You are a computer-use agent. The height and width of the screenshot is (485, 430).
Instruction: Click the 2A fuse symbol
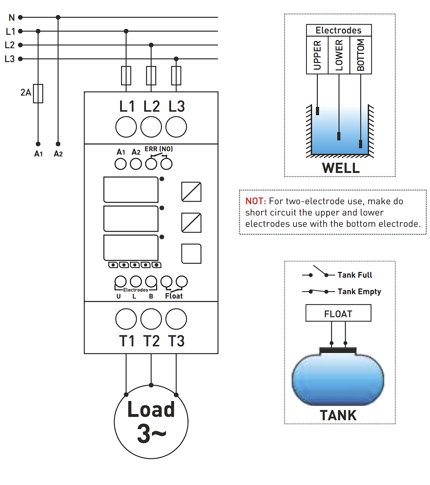38,93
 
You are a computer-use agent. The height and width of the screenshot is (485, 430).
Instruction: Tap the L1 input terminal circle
126,127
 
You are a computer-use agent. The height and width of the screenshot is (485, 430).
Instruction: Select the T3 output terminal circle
176,319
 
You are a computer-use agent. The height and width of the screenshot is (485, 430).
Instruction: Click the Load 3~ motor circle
151,422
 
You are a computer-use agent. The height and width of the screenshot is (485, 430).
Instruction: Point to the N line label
12,18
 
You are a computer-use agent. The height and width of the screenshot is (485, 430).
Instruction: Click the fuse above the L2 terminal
151,76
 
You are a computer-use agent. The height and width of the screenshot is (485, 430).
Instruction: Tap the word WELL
341,168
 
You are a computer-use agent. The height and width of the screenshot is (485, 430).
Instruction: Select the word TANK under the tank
338,415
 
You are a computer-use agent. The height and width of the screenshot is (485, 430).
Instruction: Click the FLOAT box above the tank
338,313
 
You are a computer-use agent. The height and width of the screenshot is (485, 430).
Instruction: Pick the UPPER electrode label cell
317,55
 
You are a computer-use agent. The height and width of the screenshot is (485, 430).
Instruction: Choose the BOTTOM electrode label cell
361,55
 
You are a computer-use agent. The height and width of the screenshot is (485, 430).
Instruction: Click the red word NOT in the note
255,201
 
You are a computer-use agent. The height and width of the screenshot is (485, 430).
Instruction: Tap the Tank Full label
355,275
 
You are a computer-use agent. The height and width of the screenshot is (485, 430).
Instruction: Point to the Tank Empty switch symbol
318,291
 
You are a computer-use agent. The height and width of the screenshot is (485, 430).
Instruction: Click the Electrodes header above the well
339,30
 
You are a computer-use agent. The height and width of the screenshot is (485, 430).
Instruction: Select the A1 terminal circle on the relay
121,164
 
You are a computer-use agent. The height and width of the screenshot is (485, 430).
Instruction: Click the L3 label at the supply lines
10,59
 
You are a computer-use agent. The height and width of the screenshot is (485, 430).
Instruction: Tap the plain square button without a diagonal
191,254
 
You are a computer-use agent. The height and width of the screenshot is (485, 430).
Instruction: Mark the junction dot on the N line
58,17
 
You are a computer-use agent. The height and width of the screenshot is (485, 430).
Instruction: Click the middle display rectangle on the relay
131,219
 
